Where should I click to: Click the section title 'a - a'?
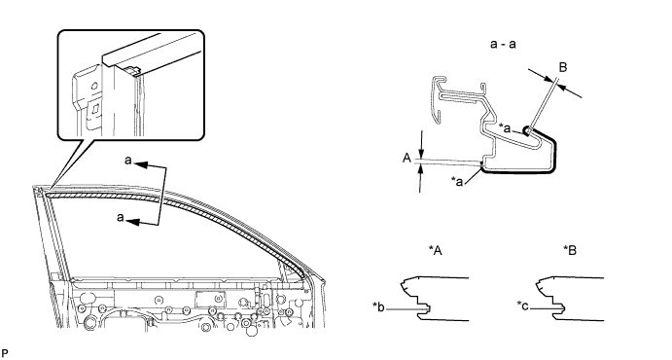click(x=503, y=44)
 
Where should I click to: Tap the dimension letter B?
click(x=563, y=67)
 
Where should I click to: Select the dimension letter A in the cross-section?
click(x=407, y=159)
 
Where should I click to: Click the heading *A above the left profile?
click(x=435, y=251)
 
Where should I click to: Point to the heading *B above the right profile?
click(x=570, y=251)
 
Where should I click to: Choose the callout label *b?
click(x=379, y=306)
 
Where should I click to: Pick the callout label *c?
click(x=523, y=306)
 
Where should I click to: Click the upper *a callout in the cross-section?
click(x=506, y=127)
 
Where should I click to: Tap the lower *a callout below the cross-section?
click(x=457, y=181)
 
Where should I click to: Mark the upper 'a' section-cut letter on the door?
click(x=128, y=161)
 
